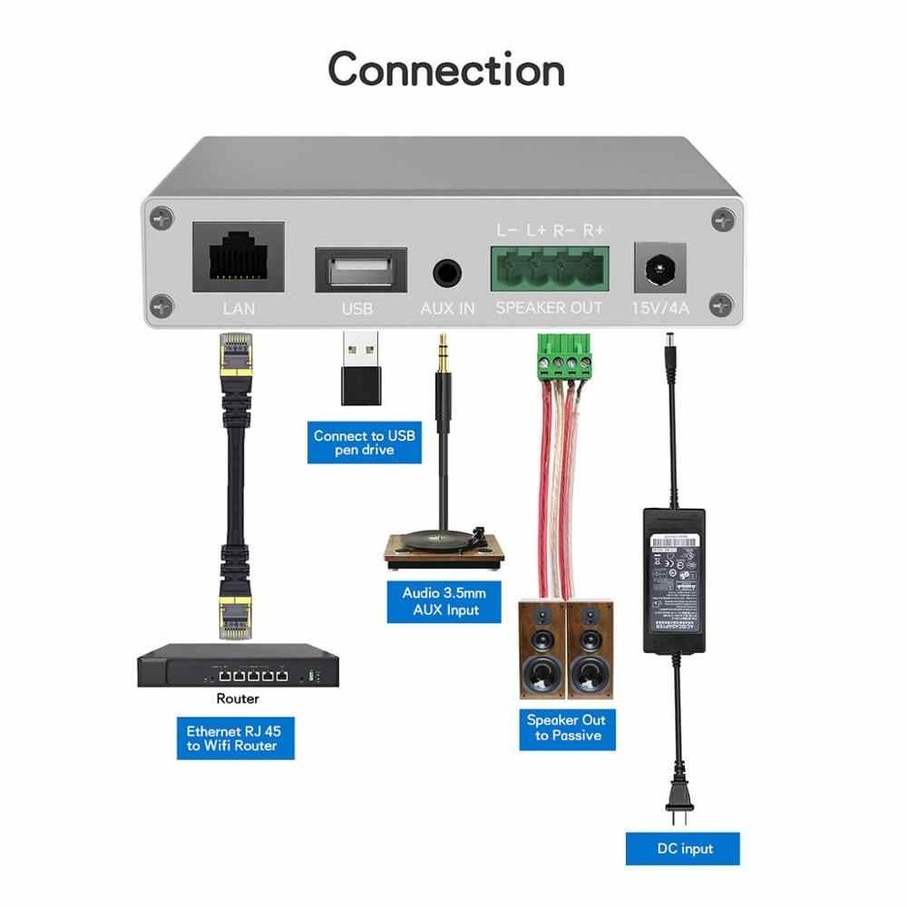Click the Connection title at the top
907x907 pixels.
[446, 70]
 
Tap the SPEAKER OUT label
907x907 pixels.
[549, 308]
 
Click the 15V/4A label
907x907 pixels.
[660, 308]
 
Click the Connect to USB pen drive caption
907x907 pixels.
[364, 443]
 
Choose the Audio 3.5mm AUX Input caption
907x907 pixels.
[444, 601]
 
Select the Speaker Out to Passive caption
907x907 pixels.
[566, 727]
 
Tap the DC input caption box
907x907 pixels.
[683, 849]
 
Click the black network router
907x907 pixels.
[238, 668]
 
